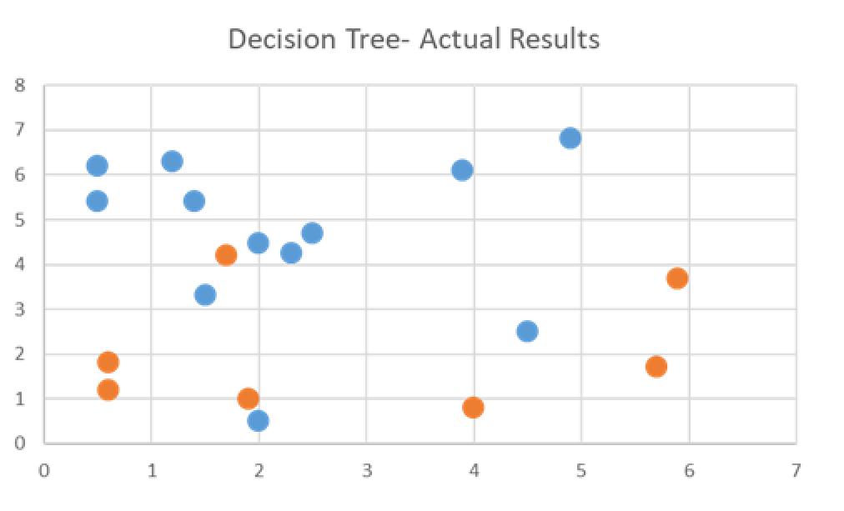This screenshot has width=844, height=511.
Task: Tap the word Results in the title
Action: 557,39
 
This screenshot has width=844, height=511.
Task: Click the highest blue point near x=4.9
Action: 570,138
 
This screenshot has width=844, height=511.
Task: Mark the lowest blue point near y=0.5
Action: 259,421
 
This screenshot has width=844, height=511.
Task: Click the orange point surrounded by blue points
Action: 226,255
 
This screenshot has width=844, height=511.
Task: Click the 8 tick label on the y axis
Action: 19,85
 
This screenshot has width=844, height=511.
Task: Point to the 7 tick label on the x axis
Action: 796,470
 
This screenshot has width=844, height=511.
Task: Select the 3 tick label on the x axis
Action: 366,470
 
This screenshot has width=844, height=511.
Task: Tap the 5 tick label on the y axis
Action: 19,220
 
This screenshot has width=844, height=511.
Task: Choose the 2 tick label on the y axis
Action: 19,354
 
